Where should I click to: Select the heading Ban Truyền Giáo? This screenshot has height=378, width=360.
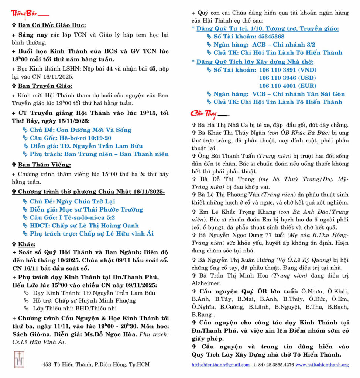tap(45, 86)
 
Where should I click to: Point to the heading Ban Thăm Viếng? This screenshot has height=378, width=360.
tap(44, 165)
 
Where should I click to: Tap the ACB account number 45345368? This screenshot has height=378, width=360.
tap(266, 36)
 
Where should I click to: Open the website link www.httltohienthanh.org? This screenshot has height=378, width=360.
tap(322, 365)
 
